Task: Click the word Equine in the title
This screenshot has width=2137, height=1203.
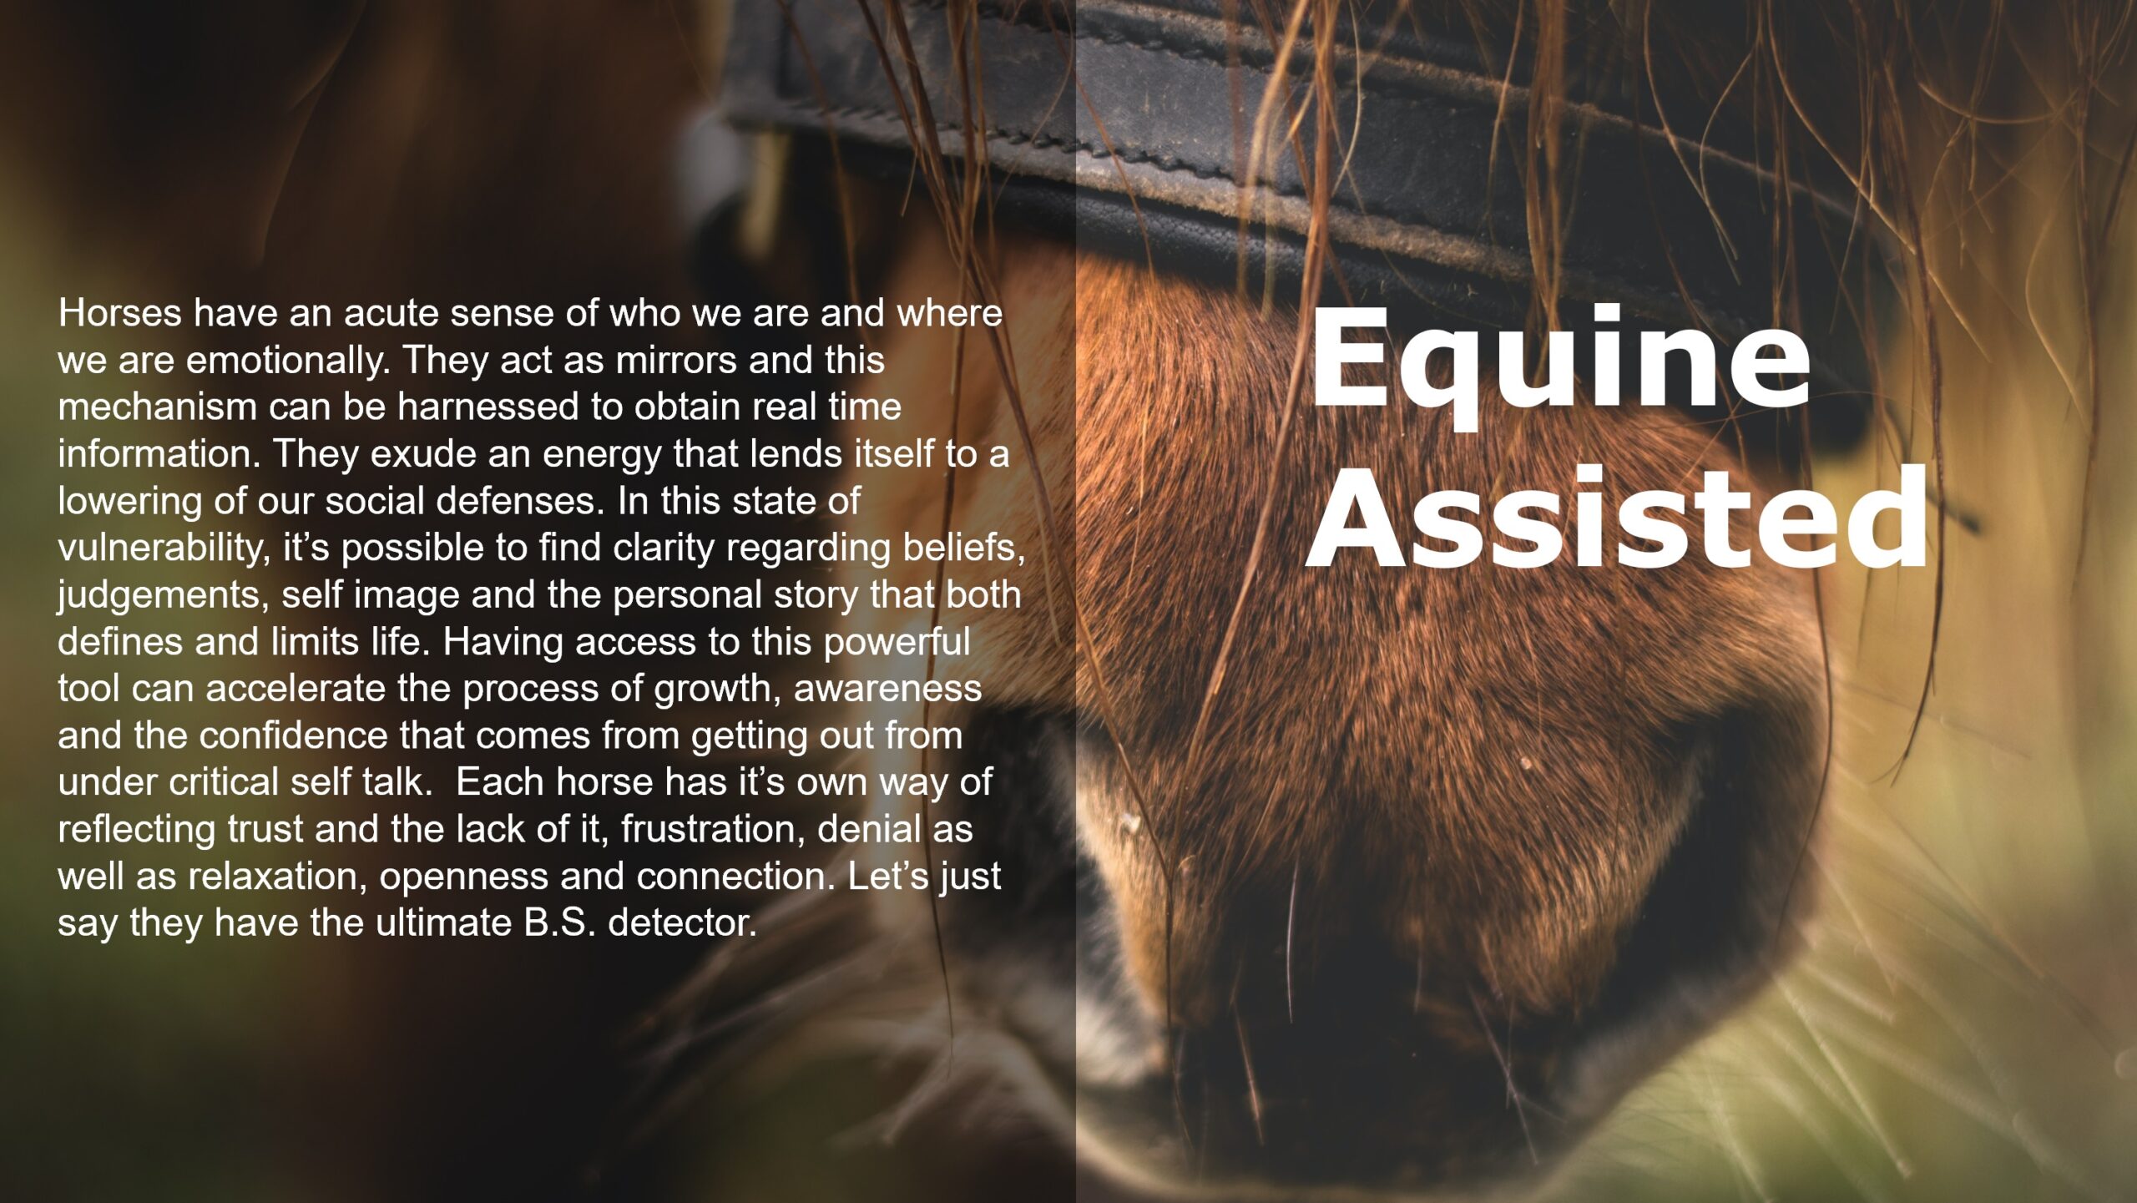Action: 1559,366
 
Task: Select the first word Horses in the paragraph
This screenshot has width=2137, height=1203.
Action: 119,313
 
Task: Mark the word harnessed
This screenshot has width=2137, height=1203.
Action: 488,407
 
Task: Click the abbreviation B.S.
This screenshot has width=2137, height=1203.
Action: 560,923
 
